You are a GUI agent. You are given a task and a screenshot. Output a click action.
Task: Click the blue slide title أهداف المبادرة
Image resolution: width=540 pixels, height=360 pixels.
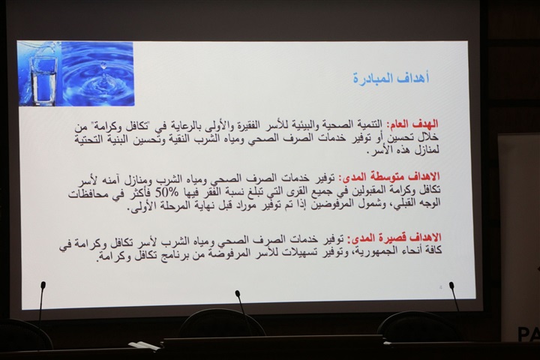click(x=391, y=78)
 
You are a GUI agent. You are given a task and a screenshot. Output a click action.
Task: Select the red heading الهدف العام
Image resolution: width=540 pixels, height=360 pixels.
click(x=413, y=124)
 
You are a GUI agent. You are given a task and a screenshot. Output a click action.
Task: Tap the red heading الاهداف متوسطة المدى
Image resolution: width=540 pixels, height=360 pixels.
click(x=389, y=177)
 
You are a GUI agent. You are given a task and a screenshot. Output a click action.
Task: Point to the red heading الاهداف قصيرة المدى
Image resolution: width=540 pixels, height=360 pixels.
click(x=394, y=237)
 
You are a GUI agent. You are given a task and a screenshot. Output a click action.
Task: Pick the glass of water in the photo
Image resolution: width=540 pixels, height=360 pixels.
click(x=43, y=80)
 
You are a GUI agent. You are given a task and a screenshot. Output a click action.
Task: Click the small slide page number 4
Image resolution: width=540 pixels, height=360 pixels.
click(x=441, y=287)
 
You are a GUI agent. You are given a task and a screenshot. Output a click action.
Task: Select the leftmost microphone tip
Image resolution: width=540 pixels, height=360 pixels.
click(x=43, y=285)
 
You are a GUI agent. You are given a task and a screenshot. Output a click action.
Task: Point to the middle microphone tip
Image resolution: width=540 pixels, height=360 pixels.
click(x=238, y=293)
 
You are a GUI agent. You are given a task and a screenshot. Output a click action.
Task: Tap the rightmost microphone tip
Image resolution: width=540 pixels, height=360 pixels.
click(x=451, y=286)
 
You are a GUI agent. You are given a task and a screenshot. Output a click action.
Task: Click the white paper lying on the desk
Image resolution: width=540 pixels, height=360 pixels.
click(x=144, y=345)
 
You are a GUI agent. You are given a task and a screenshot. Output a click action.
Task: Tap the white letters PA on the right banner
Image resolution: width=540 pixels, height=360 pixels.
click(x=528, y=334)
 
